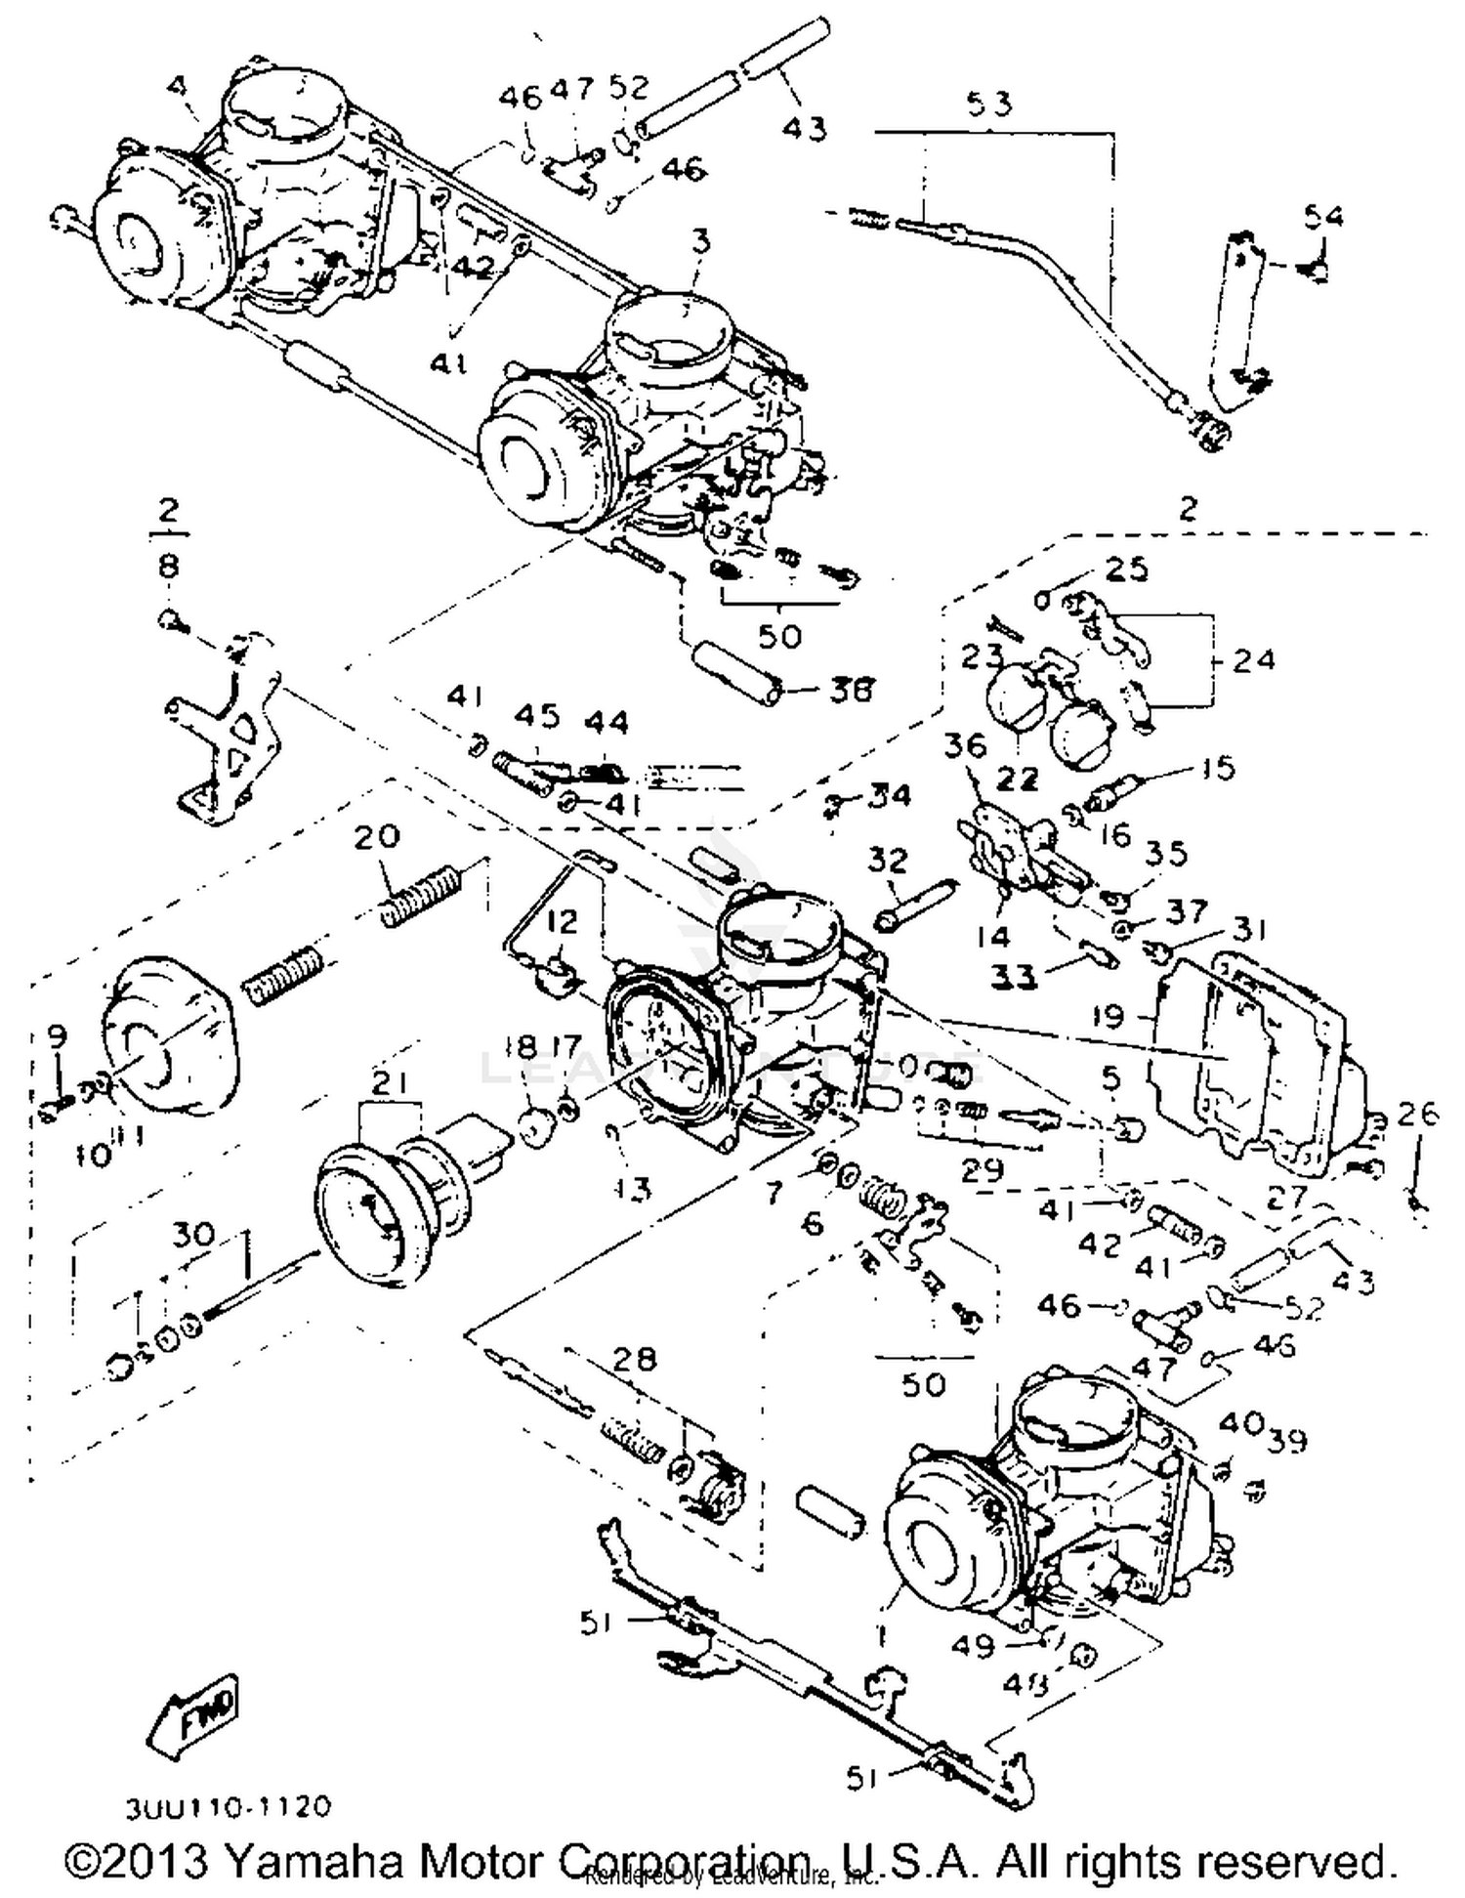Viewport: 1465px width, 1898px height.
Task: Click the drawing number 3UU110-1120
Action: point(228,1808)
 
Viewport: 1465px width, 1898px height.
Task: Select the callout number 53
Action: point(988,104)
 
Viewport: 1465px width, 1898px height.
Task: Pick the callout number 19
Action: point(1109,1017)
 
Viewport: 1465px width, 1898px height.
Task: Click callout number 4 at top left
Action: point(176,86)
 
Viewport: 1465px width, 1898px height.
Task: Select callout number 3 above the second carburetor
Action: point(700,241)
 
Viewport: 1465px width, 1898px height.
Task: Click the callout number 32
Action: point(887,860)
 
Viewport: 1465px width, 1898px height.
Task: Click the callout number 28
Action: point(633,1358)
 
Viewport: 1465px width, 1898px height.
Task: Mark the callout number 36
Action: point(965,746)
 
